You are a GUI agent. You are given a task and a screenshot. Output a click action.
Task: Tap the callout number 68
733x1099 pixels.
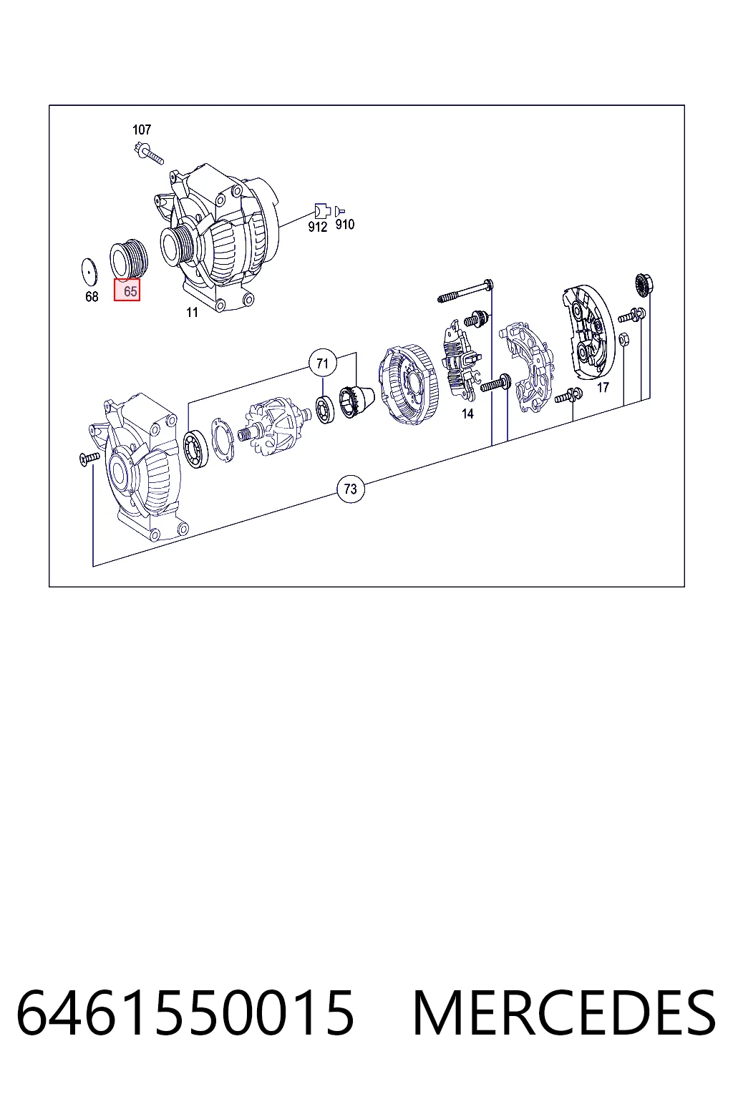(x=92, y=297)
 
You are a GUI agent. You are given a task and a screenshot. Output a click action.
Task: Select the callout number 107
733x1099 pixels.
(x=142, y=130)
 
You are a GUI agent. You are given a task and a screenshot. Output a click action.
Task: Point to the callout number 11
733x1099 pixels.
(x=192, y=313)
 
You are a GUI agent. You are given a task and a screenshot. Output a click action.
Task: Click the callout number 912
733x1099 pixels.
(x=317, y=227)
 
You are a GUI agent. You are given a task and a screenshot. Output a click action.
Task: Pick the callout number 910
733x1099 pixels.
(x=344, y=224)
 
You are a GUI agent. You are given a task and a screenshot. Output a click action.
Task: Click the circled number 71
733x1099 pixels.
(x=323, y=363)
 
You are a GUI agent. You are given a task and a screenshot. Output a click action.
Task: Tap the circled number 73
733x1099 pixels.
(x=351, y=489)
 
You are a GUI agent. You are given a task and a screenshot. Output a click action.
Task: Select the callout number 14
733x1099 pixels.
(x=467, y=414)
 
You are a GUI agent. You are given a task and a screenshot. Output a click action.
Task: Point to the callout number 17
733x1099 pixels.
(x=603, y=388)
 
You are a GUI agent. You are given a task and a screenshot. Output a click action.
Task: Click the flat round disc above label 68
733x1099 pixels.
(x=89, y=271)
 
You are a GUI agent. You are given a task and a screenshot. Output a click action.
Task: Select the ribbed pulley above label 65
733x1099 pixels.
(x=129, y=260)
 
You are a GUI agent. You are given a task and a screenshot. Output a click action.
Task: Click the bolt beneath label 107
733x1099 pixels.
(x=148, y=153)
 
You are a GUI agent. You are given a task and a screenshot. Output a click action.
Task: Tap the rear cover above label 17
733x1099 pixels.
(x=589, y=333)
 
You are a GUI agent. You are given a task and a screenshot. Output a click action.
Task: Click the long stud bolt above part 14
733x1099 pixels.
(x=465, y=291)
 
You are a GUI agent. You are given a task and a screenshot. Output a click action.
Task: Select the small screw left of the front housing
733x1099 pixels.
(x=89, y=459)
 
